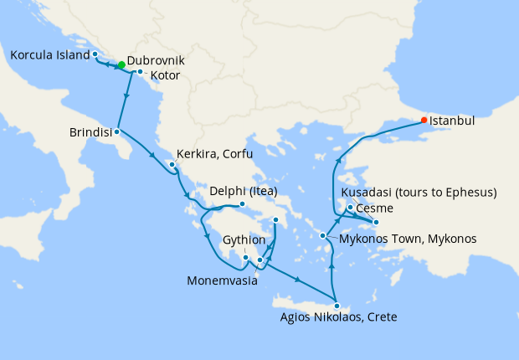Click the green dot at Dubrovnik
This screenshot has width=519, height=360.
(x=121, y=64)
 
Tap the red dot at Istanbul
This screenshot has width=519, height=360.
(x=424, y=120)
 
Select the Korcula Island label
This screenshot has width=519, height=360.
(x=49, y=55)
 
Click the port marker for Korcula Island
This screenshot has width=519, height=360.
(x=95, y=54)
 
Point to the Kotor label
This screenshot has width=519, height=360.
(x=165, y=75)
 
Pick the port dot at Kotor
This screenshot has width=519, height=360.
(x=141, y=72)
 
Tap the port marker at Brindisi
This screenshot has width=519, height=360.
(x=117, y=131)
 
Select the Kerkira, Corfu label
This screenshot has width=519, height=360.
(x=213, y=155)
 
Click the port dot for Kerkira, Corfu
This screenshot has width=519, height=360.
(x=172, y=164)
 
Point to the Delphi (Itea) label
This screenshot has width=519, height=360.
(x=243, y=190)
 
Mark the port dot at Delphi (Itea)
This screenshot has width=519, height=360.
(x=242, y=203)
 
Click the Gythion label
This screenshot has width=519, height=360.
(x=244, y=239)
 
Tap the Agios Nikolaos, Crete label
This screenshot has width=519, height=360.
(x=338, y=317)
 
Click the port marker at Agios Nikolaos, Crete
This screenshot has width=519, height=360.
(x=337, y=304)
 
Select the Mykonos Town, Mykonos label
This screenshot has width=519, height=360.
(x=408, y=239)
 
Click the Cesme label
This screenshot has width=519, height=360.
(x=375, y=208)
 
